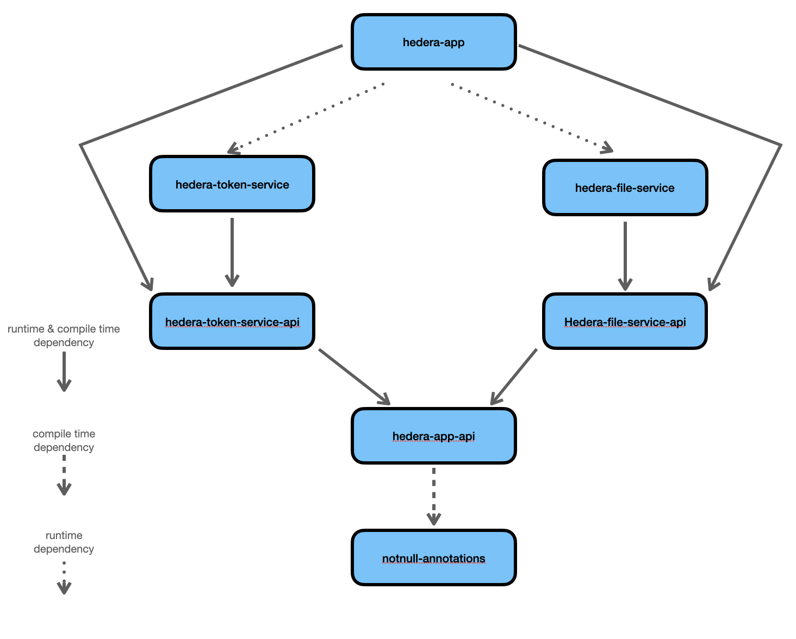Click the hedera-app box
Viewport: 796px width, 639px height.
click(x=433, y=42)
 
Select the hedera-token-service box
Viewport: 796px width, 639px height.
click(x=232, y=184)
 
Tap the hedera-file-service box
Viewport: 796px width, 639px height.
click(x=625, y=188)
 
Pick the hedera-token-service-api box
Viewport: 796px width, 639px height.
click(x=232, y=322)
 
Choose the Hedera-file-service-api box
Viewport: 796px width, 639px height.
click(x=625, y=322)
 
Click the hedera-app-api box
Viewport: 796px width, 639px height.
click(x=433, y=436)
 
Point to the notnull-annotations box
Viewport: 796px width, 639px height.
click(x=433, y=558)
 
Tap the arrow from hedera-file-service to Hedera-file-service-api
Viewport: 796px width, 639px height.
click(x=625, y=254)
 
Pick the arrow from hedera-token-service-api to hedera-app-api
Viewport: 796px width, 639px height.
click(x=353, y=376)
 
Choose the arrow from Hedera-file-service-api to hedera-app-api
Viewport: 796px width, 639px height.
click(x=514, y=376)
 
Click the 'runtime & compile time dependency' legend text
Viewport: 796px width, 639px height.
click(x=64, y=336)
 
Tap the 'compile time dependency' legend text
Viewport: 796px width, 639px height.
click(x=64, y=441)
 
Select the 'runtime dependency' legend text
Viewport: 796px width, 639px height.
click(x=64, y=542)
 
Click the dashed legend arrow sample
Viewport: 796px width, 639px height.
click(x=64, y=475)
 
